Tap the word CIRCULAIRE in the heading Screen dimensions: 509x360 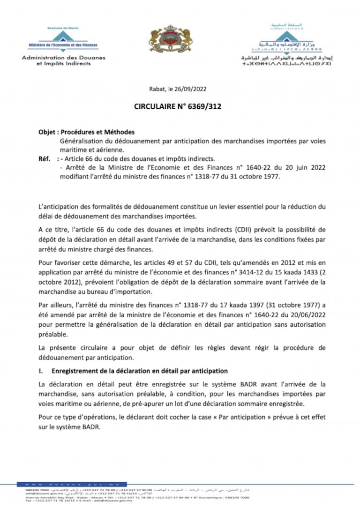pos(154,106)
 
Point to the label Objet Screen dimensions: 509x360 pos(47,133)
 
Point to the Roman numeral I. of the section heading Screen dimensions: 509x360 pos(41,371)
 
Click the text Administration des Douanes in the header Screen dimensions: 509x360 pos(63,58)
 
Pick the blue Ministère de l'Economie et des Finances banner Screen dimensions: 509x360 pos(63,45)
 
